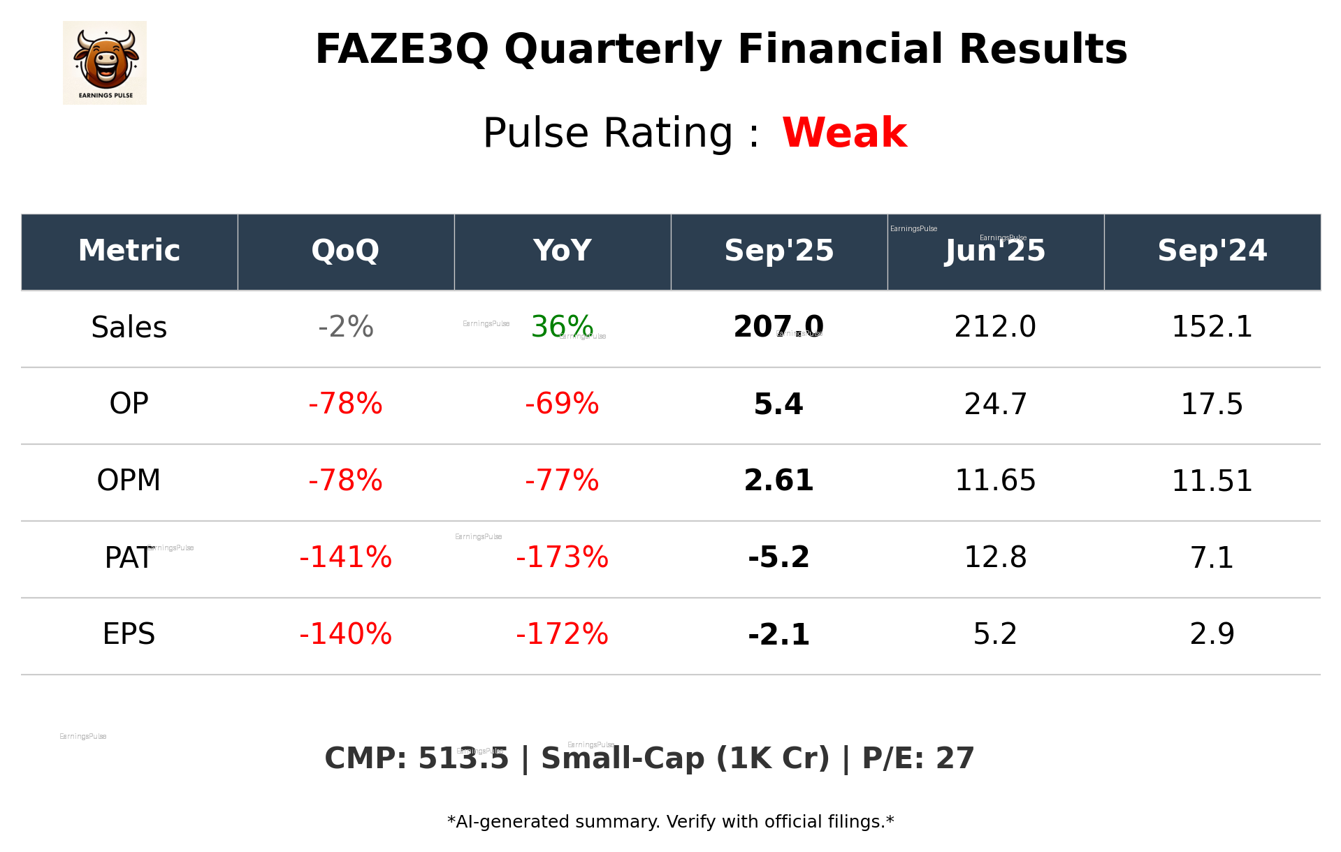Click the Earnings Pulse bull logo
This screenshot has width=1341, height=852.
point(105,63)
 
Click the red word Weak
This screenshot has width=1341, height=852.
point(844,133)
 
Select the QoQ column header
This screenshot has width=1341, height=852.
point(345,251)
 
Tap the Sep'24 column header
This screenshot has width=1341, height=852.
point(1212,251)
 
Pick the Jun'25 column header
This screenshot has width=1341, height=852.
point(995,251)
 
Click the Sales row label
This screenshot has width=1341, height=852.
point(129,328)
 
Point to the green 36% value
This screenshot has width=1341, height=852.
point(562,327)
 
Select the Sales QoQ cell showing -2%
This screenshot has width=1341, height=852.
point(345,327)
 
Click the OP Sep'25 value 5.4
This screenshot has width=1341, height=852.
point(778,404)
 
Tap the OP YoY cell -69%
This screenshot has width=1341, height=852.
point(562,404)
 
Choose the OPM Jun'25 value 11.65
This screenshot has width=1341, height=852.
point(995,480)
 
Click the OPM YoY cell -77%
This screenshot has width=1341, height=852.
point(562,480)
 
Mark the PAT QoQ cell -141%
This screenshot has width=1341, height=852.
point(345,557)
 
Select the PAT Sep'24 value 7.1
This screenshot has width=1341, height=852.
point(1212,557)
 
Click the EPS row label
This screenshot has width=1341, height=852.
point(129,634)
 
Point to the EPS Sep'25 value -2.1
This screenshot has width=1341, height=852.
point(778,635)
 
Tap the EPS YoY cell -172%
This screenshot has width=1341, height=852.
point(562,634)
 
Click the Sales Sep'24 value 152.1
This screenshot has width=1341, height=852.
point(1212,327)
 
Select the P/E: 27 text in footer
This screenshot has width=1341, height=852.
point(918,758)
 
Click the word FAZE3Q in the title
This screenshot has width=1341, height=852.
point(402,50)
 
